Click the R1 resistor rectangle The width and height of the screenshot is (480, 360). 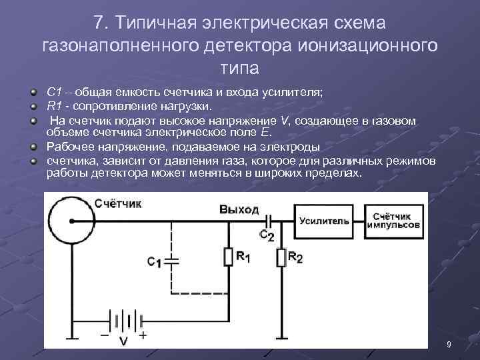[x=228, y=257]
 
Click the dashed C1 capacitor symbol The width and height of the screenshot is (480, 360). [x=173, y=261]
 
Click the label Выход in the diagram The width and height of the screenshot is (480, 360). [x=239, y=209]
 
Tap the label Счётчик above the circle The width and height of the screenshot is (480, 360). [x=118, y=203]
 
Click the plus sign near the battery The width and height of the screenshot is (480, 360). [x=142, y=335]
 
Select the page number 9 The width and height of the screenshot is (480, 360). [x=449, y=344]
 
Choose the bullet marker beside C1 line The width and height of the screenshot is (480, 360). [x=33, y=90]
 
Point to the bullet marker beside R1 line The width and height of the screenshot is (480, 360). [x=33, y=104]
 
